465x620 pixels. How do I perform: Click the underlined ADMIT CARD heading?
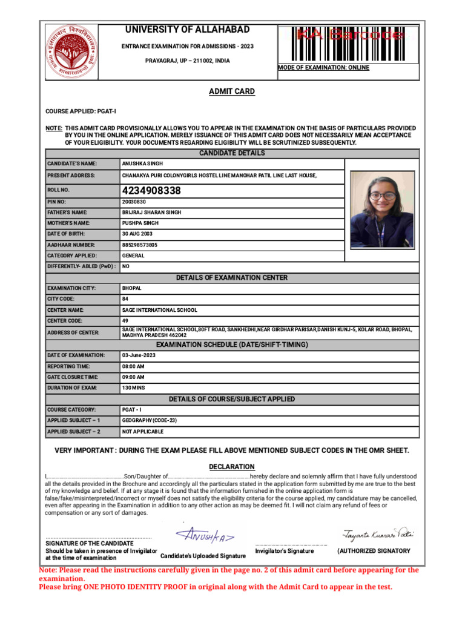pyautogui.click(x=232, y=91)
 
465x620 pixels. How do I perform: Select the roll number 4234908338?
pyautogui.click(x=151, y=191)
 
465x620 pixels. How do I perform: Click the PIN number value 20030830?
pyautogui.click(x=134, y=202)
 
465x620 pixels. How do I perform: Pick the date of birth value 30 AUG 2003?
pyautogui.click(x=138, y=234)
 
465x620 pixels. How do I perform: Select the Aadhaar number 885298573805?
pyautogui.click(x=140, y=245)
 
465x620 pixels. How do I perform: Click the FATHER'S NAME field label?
pyautogui.click(x=67, y=213)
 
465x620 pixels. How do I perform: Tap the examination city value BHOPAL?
pyautogui.click(x=131, y=288)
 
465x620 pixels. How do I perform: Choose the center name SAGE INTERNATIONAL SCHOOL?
pyautogui.click(x=159, y=310)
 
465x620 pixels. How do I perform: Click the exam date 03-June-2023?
pyautogui.click(x=139, y=355)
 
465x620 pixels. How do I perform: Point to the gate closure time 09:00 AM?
pyautogui.click(x=133, y=377)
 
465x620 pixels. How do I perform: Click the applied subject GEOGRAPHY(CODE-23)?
pyautogui.click(x=149, y=420)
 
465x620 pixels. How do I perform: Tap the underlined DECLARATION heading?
pyautogui.click(x=232, y=467)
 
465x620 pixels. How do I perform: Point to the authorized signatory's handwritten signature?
pyautogui.click(x=378, y=535)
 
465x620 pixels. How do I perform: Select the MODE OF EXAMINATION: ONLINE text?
pyautogui.click(x=323, y=68)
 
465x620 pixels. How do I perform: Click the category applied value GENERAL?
pyautogui.click(x=133, y=256)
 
